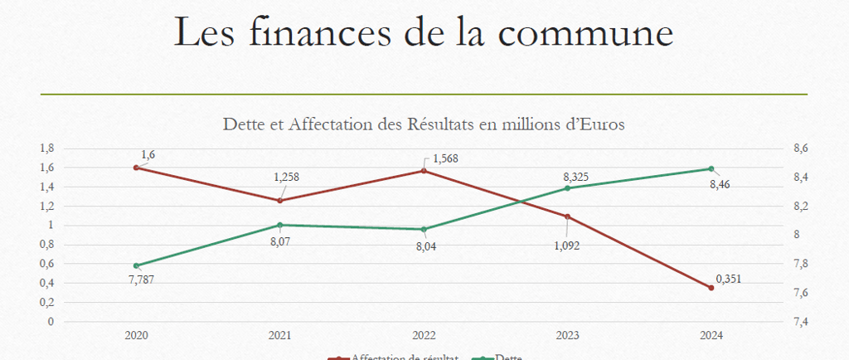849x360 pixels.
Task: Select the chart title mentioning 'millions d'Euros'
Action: point(424,124)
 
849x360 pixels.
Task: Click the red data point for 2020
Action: point(136,168)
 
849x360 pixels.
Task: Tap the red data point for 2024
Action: point(711,288)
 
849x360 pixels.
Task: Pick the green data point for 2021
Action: point(280,225)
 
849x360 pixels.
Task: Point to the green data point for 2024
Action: point(711,169)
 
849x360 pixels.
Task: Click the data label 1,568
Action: point(445,158)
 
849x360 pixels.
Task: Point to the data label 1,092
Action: point(566,246)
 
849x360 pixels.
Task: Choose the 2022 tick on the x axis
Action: point(424,336)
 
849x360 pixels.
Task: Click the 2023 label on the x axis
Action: point(567,336)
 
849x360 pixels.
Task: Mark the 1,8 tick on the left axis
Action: point(46,148)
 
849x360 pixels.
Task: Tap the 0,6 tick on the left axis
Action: point(46,264)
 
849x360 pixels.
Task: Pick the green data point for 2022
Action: point(424,229)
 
